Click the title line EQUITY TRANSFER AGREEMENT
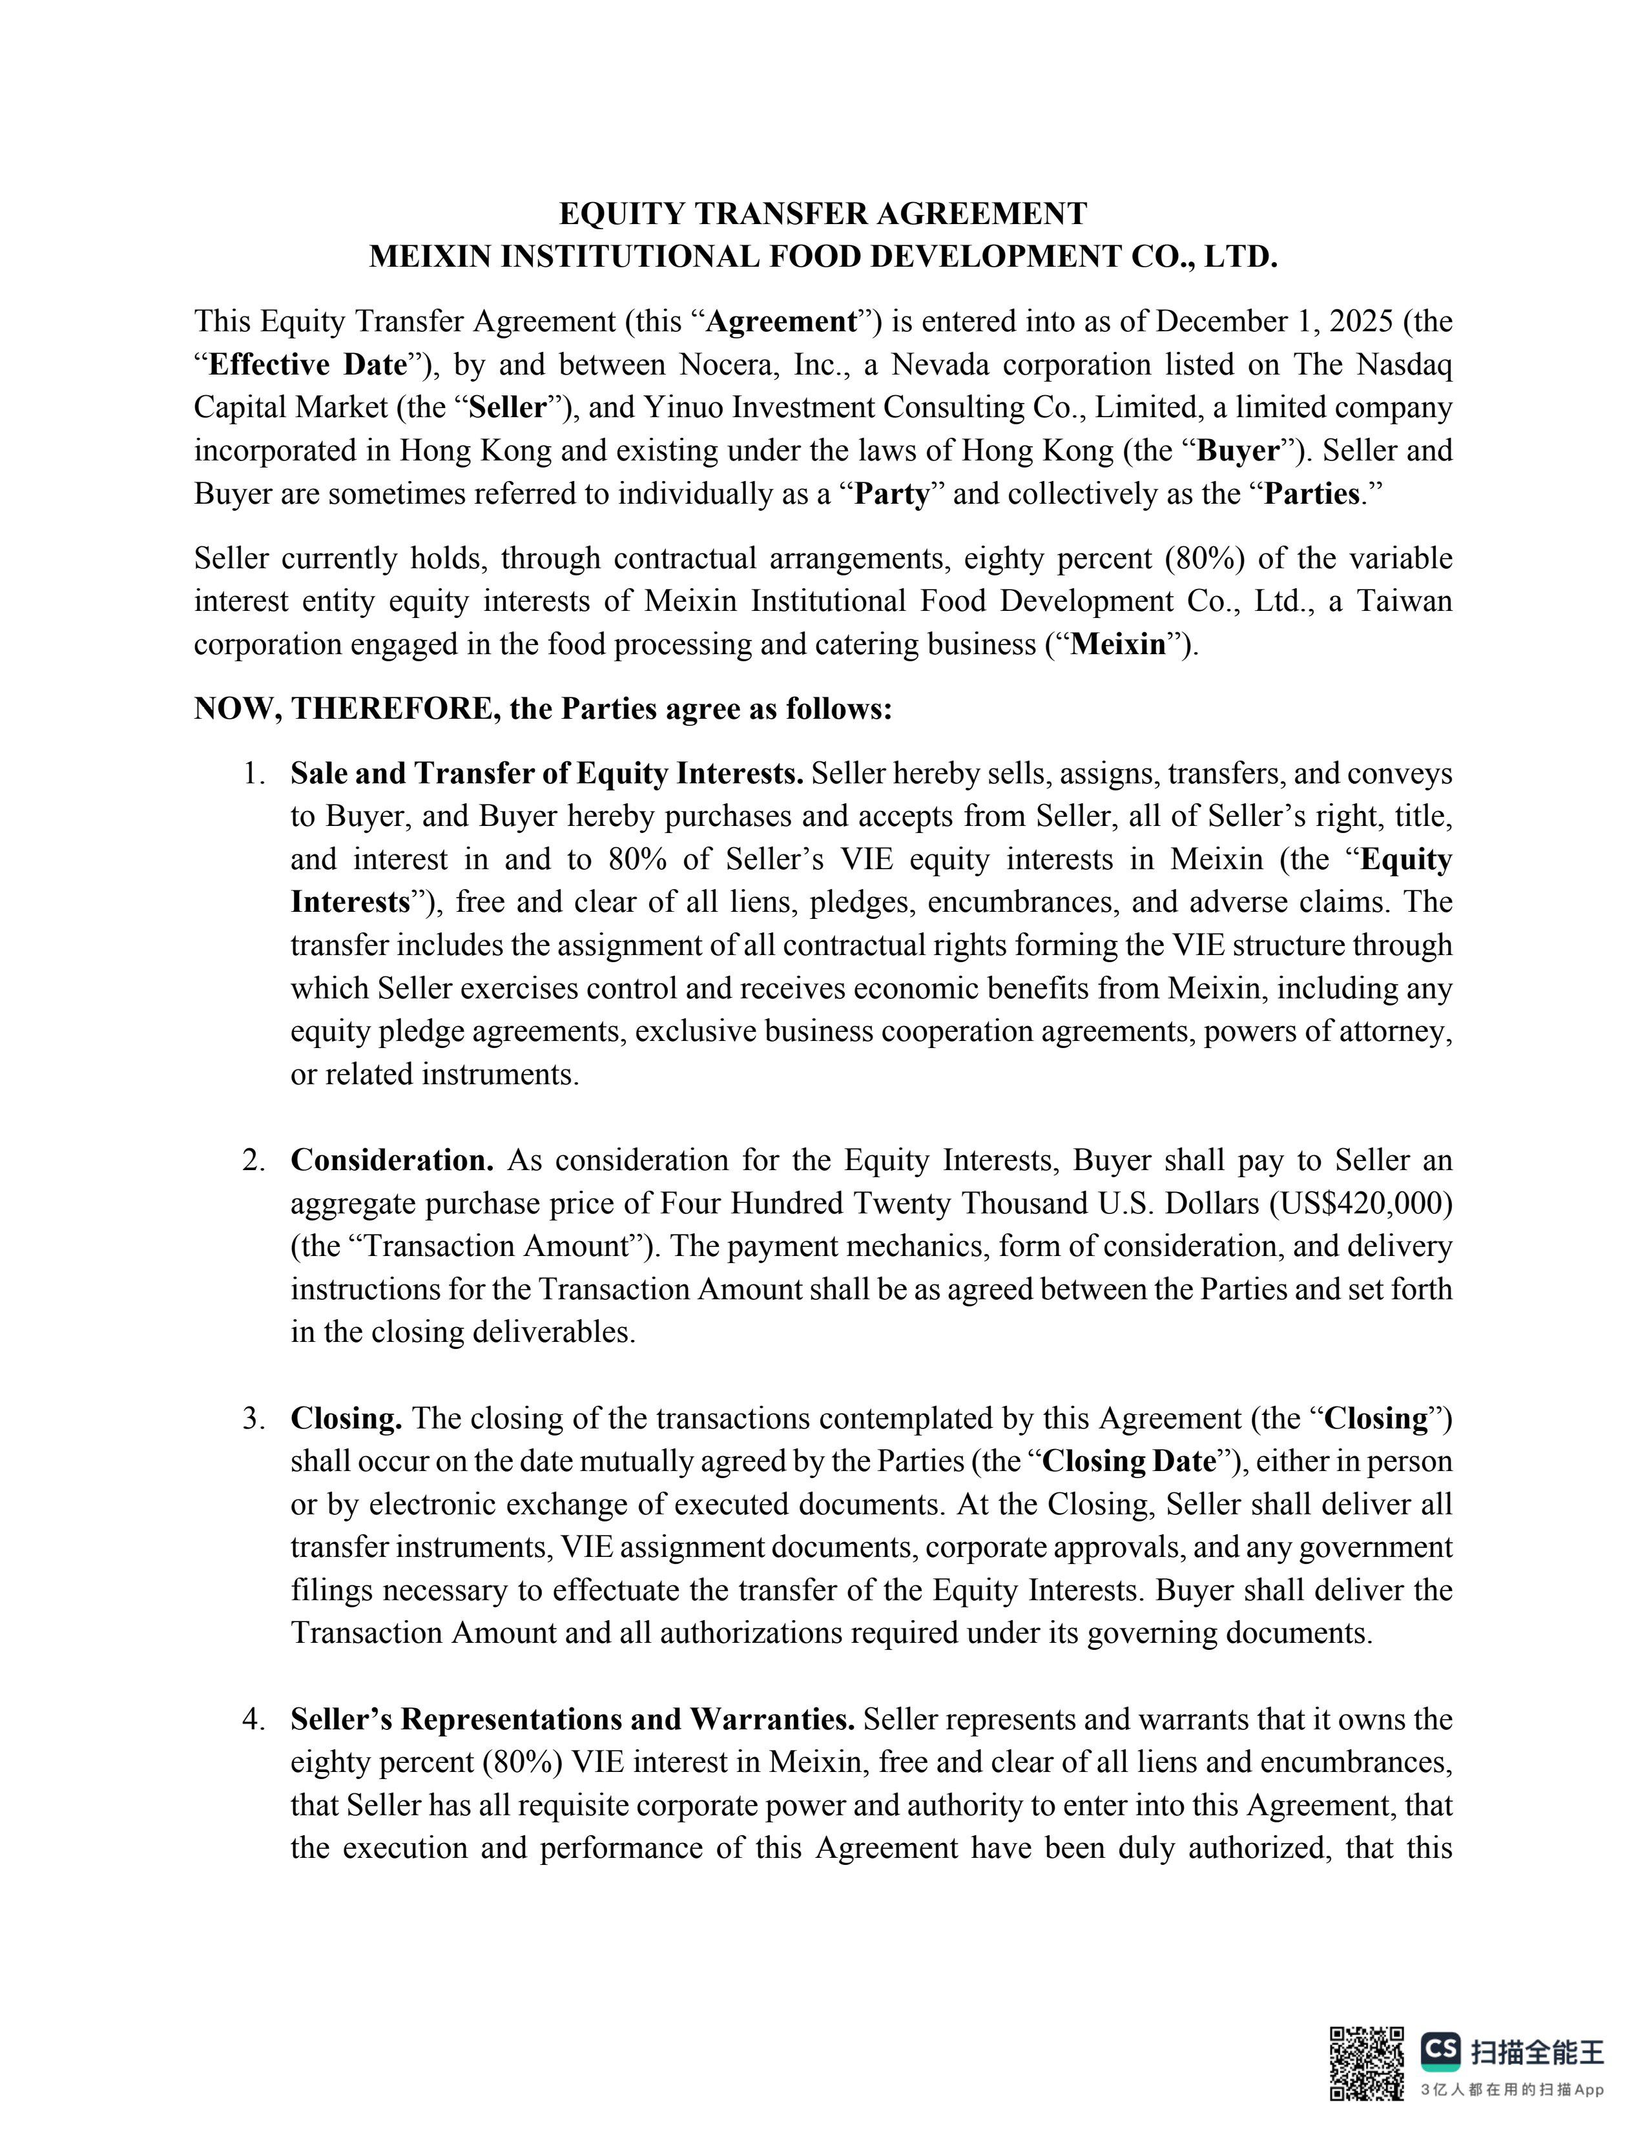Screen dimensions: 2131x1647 (822, 214)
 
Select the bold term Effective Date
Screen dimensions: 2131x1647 (307, 365)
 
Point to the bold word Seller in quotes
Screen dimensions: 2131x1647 (508, 408)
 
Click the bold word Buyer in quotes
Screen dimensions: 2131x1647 (1238, 451)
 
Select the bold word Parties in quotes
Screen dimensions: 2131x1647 (1311, 494)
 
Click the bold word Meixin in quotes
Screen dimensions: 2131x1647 (1118, 645)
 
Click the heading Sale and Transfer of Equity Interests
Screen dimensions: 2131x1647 (546, 774)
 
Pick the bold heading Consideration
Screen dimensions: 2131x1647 (392, 1160)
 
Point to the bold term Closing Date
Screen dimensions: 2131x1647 (1130, 1461)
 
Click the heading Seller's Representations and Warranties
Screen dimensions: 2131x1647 (573, 1718)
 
